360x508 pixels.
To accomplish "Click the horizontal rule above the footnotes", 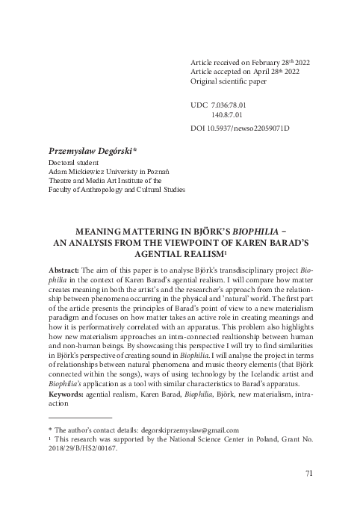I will click(x=80, y=417).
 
